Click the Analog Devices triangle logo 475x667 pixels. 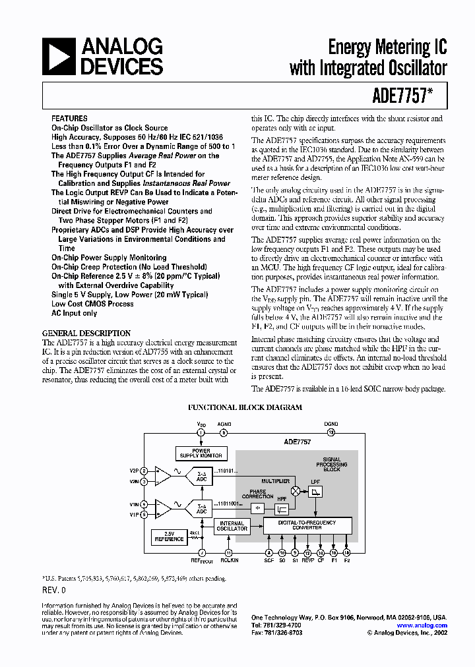tap(57, 57)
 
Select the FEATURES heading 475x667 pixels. tap(69, 118)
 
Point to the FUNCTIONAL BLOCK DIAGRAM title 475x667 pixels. tap(245, 407)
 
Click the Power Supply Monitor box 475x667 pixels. tap(201, 453)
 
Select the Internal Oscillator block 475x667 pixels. tap(232, 526)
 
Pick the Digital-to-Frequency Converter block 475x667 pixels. tap(307, 525)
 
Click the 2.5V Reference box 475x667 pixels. tap(169, 536)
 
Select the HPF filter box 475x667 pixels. tap(282, 508)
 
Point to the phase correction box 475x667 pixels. tap(257, 508)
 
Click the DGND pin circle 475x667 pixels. tap(331, 432)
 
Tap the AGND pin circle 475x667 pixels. tap(224, 432)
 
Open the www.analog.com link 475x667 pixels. tap(423, 625)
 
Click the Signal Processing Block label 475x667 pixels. tap(331, 464)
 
